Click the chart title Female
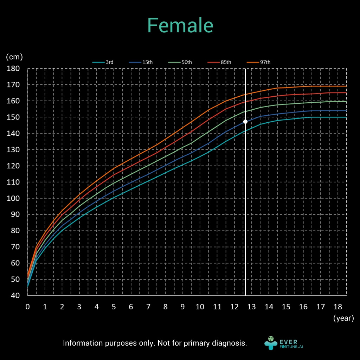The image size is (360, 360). (x=180, y=25)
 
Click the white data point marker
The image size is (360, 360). (x=245, y=122)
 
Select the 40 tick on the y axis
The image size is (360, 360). (x=15, y=296)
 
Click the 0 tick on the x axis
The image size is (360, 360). (x=27, y=307)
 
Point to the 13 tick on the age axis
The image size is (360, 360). (x=251, y=307)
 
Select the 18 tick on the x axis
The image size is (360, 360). (x=337, y=307)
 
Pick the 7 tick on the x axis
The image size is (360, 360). (x=148, y=307)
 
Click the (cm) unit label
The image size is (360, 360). (x=14, y=57)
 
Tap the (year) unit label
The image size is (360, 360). (x=343, y=319)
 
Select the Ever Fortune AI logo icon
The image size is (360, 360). (x=271, y=343)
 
